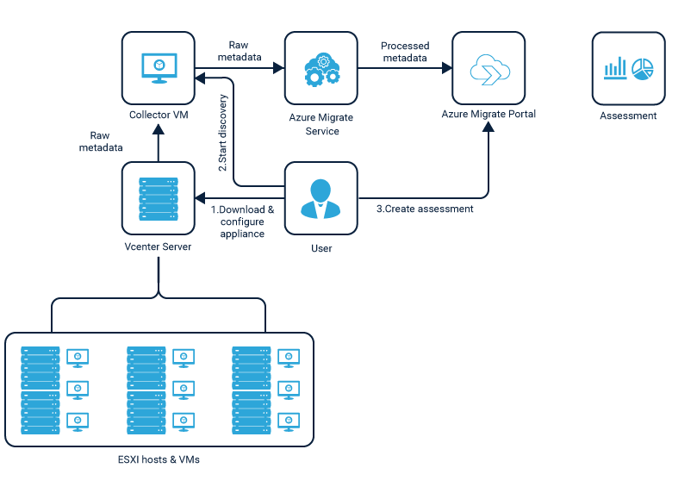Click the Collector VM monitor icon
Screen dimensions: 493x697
(x=158, y=67)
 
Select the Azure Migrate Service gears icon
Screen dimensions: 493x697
(x=321, y=68)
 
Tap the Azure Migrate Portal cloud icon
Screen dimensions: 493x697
(x=488, y=68)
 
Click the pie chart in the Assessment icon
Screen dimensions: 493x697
(x=643, y=69)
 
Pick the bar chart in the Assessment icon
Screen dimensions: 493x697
(x=615, y=69)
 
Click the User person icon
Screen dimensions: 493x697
(x=320, y=198)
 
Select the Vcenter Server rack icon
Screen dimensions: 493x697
(x=158, y=198)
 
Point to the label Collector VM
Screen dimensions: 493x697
(x=158, y=115)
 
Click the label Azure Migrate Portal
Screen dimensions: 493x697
(x=489, y=114)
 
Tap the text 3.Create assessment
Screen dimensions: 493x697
(x=425, y=209)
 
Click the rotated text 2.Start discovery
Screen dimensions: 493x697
(x=222, y=133)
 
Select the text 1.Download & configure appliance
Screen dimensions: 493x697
(x=243, y=222)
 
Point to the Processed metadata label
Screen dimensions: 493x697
(x=405, y=52)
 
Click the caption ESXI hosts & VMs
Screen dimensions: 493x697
(x=159, y=459)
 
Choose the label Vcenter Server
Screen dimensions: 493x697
(x=158, y=247)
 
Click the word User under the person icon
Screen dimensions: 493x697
(x=320, y=248)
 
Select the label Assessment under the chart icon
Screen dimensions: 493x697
(x=628, y=115)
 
